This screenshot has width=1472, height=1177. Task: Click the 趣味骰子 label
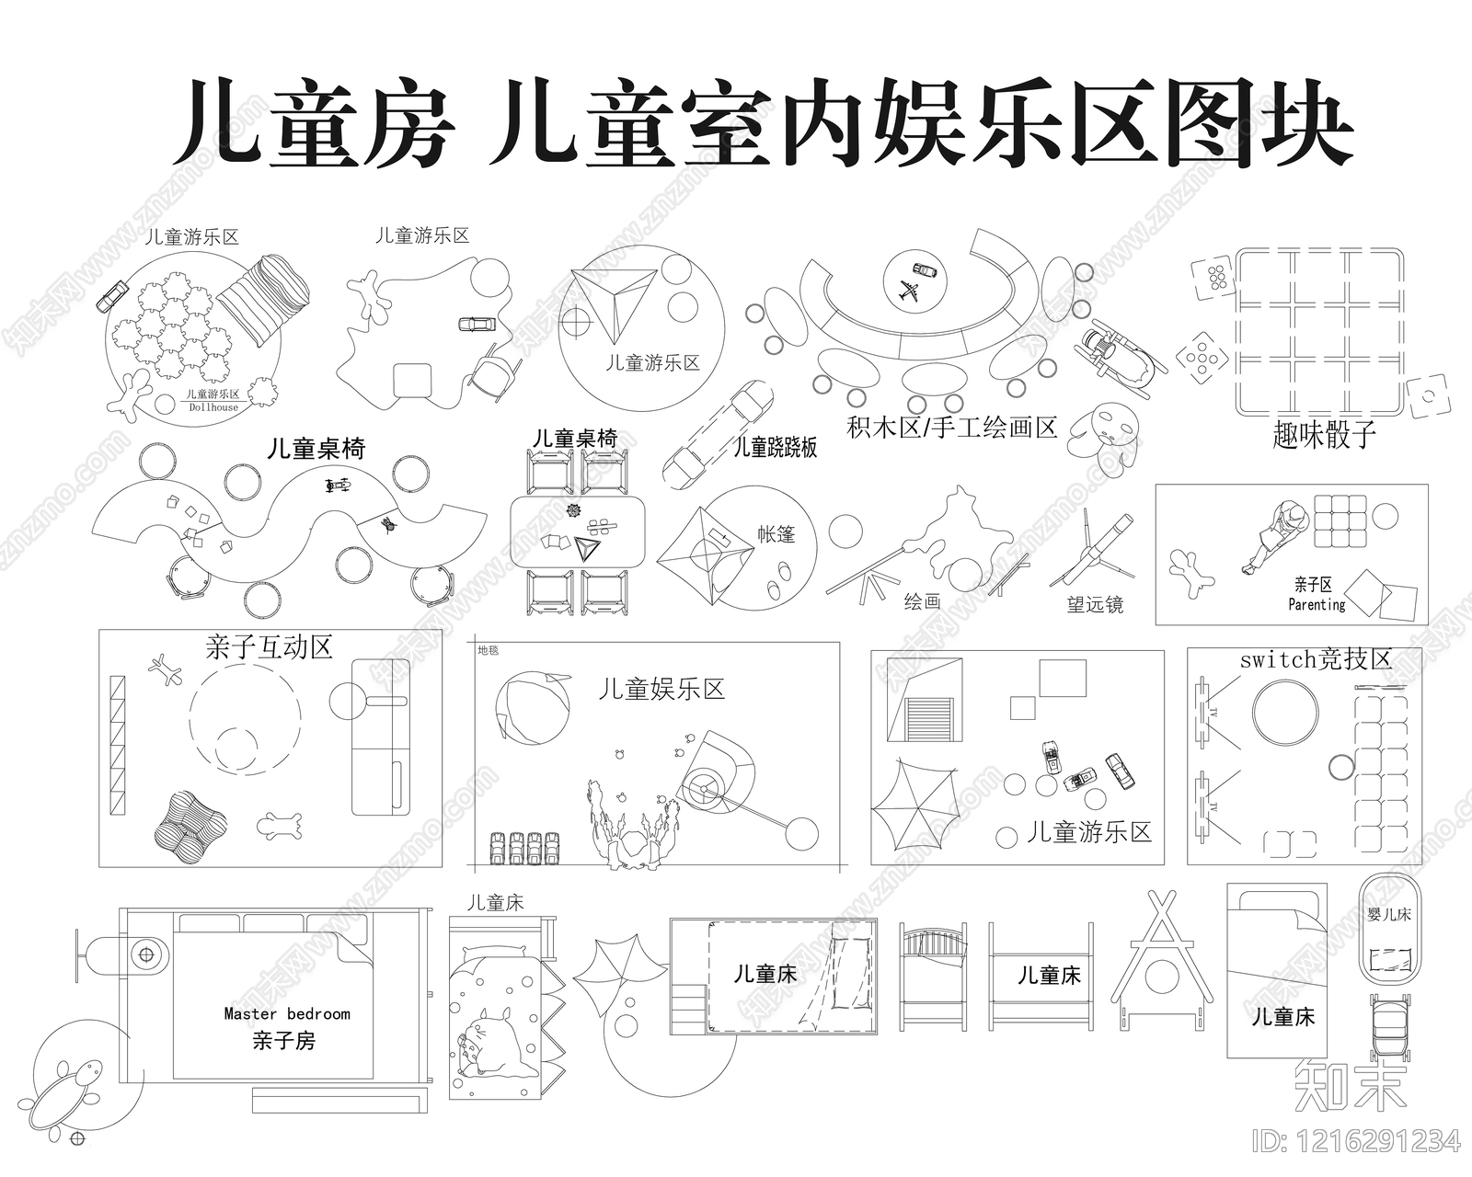1324,434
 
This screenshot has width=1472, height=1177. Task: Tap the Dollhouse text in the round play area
213,407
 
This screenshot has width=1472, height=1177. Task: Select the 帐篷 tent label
776,534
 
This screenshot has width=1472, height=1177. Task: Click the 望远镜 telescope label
1095,604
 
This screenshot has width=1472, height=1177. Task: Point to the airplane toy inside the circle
909,293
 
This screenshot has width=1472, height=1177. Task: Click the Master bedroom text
287,1013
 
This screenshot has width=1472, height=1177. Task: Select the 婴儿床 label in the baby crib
1389,915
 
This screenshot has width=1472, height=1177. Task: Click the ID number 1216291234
1356,1141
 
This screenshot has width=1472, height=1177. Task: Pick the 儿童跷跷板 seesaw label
775,448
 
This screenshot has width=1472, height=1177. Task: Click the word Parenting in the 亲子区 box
1317,604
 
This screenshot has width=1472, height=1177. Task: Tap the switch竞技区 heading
1316,659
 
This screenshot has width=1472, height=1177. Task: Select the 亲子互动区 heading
269,647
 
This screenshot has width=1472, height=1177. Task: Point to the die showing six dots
1213,278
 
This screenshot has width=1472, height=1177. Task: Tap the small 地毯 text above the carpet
488,650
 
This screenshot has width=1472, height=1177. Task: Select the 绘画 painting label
922,601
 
